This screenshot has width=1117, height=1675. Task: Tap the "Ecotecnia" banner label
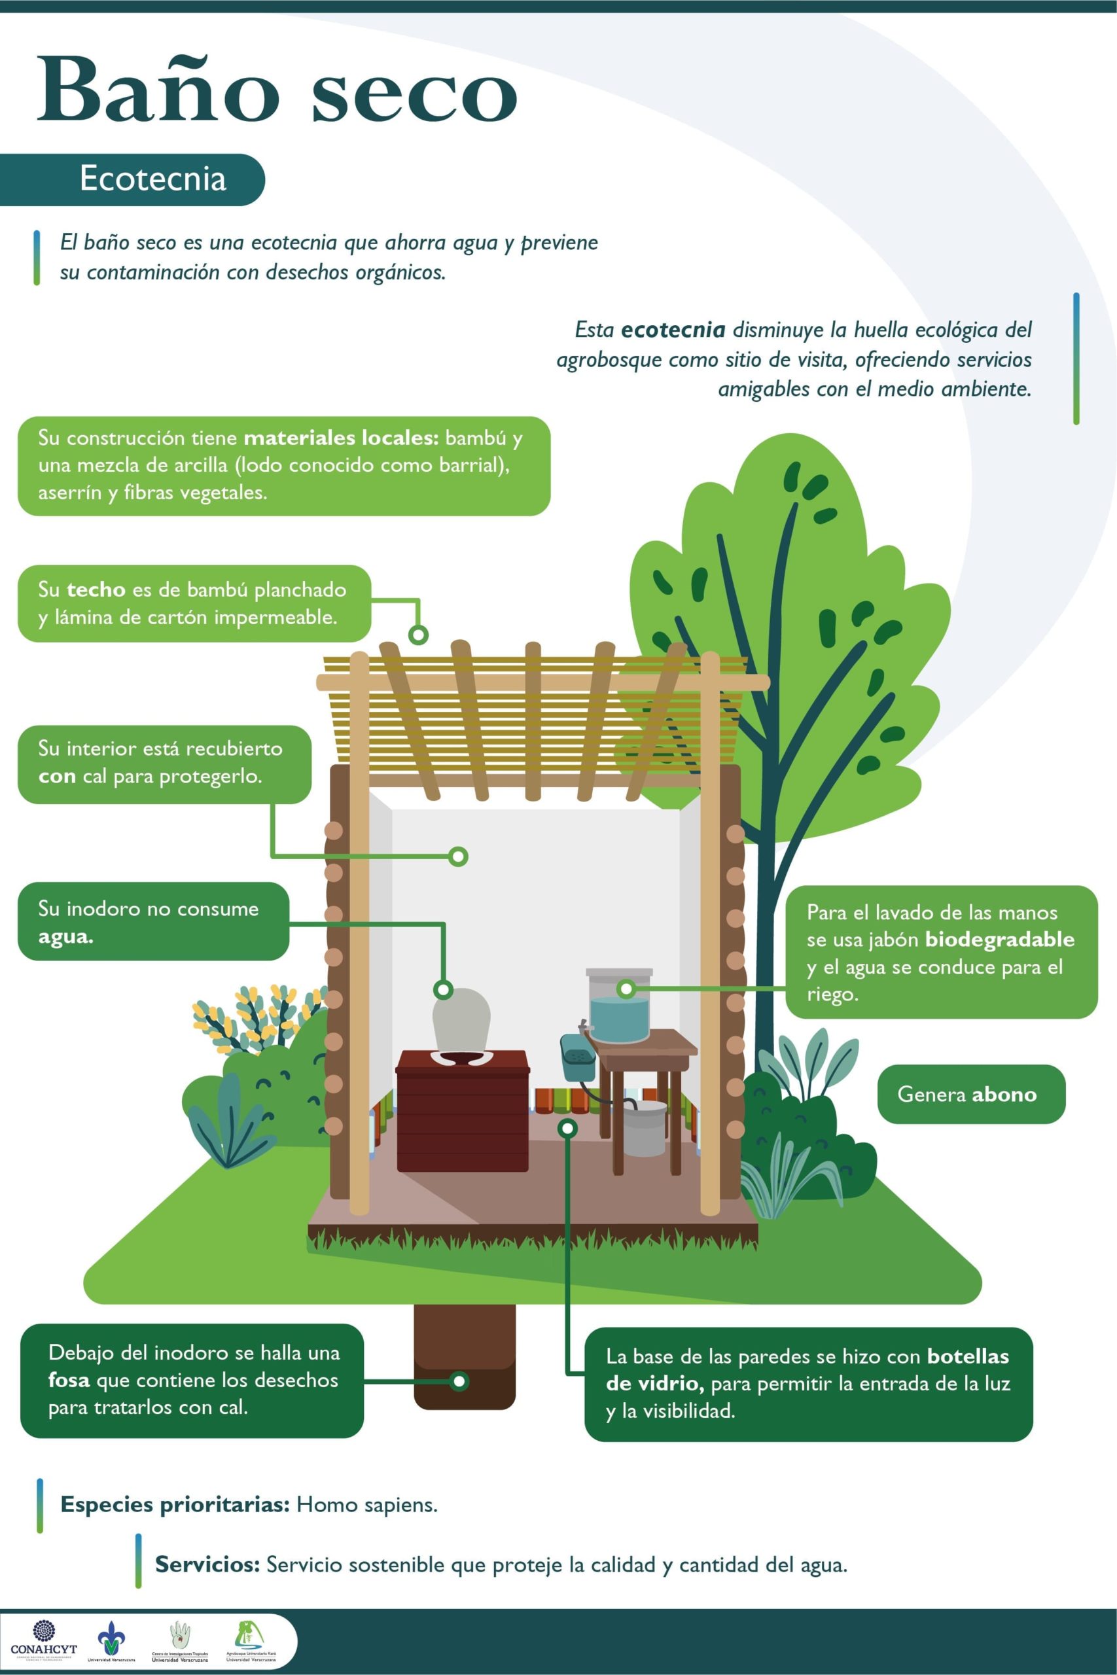click(x=152, y=179)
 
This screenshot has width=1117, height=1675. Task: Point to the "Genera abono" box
click(x=970, y=1094)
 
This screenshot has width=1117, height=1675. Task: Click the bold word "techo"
click(x=96, y=590)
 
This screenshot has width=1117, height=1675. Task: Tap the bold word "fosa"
click(x=69, y=1380)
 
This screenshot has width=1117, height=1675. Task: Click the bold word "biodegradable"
click(x=999, y=940)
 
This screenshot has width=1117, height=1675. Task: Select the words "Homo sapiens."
click(x=367, y=1505)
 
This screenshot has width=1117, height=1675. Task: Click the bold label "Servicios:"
click(x=207, y=1564)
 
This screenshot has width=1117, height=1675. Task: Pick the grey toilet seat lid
click(x=461, y=1017)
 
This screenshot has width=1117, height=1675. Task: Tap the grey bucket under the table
click(x=645, y=1128)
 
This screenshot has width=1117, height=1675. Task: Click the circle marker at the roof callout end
click(x=418, y=634)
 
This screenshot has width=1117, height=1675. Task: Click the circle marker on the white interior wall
click(x=459, y=855)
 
